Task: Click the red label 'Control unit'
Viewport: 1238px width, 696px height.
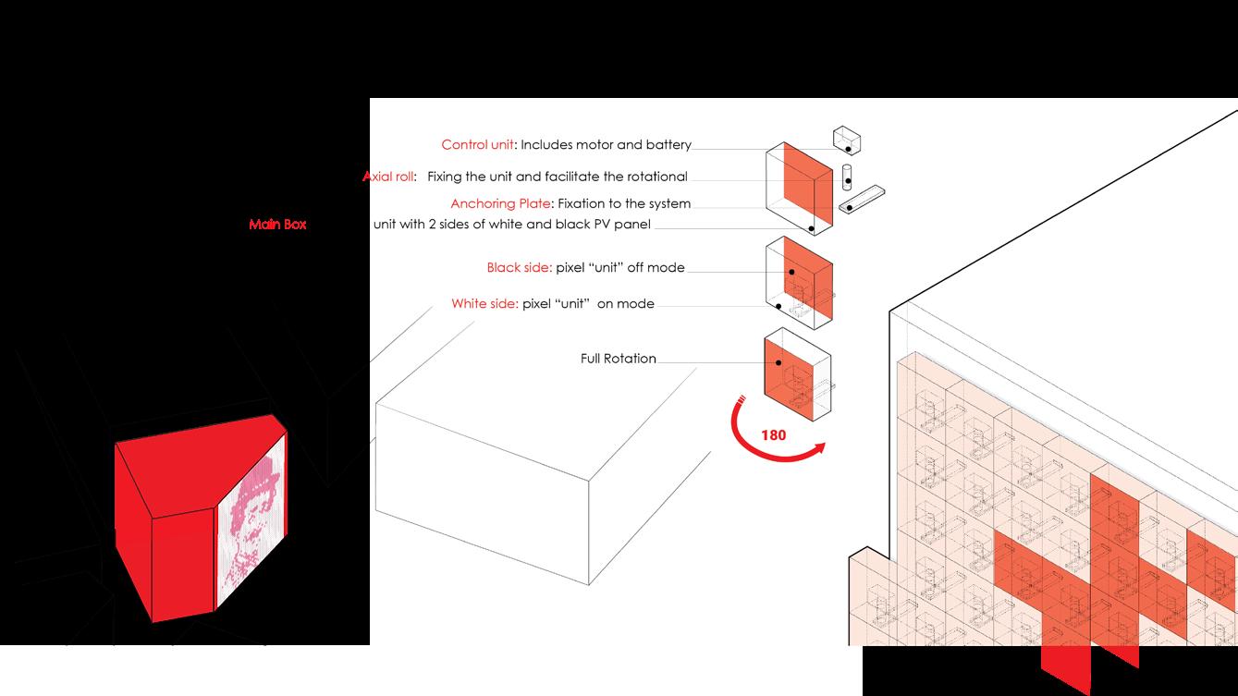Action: coord(476,145)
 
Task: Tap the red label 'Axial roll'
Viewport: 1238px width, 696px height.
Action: coord(389,177)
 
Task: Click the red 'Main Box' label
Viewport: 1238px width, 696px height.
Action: coord(277,225)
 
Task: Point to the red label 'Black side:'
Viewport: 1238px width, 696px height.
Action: coord(519,268)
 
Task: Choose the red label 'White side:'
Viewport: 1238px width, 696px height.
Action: coord(484,303)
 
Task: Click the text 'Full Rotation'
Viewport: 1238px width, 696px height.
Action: coord(618,359)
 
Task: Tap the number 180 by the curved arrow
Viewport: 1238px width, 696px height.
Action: coord(774,434)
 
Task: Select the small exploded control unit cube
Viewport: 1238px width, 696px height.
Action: coord(847,140)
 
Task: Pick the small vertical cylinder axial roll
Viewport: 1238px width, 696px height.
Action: coord(846,176)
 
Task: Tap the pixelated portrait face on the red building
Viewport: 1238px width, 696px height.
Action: coord(250,522)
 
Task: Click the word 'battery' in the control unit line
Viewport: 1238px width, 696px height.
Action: coord(668,145)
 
